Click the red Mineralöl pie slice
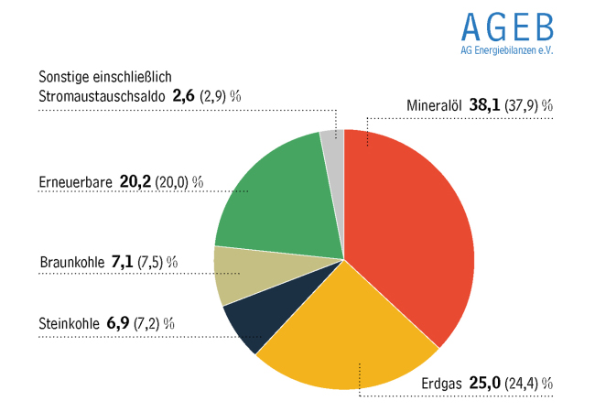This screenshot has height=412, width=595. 412,238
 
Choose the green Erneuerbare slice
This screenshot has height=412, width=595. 270,197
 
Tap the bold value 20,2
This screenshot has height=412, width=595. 135,181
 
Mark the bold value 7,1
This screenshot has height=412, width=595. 122,262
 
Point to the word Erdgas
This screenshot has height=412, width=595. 441,383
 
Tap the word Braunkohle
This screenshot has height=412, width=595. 71,262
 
